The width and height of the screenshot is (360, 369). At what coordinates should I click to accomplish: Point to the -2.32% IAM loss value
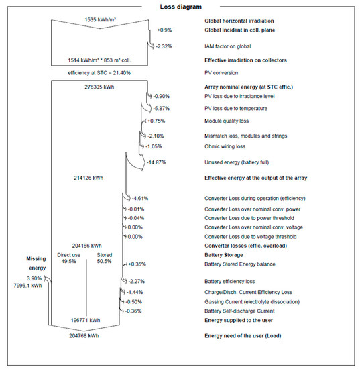[164, 46]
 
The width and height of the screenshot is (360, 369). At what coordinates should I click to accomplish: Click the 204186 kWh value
[86, 246]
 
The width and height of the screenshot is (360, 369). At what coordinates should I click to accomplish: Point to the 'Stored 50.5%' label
[104, 258]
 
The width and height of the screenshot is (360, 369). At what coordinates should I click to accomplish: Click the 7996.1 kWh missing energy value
[23, 285]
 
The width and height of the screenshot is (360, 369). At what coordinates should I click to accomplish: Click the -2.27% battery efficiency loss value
[135, 282]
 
